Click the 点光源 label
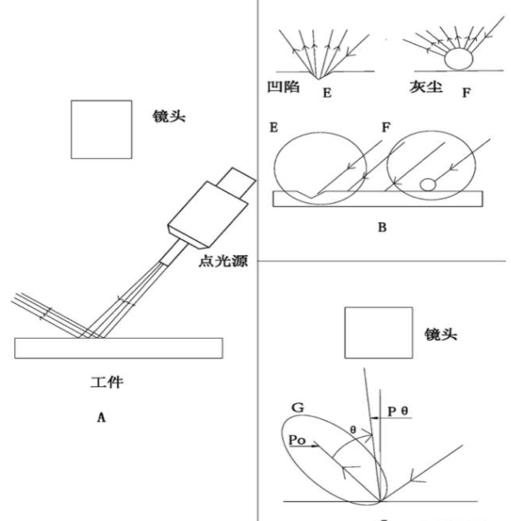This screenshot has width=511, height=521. tap(225, 261)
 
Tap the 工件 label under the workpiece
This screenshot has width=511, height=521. tap(107, 383)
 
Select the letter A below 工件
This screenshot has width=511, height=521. tap(102, 418)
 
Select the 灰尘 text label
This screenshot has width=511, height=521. tap(426, 85)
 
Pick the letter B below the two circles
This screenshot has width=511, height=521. tap(383, 224)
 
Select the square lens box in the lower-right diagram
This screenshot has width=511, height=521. tap(378, 333)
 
